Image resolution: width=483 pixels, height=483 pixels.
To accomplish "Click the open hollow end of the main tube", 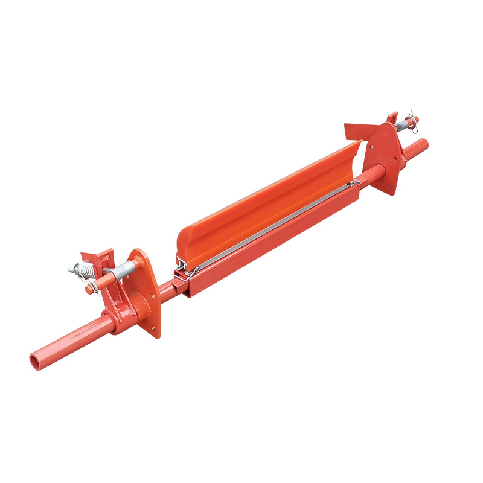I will (x=36, y=361).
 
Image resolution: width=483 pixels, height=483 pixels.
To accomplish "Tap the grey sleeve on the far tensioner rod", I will (x=401, y=126).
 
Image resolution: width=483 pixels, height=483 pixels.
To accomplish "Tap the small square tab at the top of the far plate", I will (x=391, y=117).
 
